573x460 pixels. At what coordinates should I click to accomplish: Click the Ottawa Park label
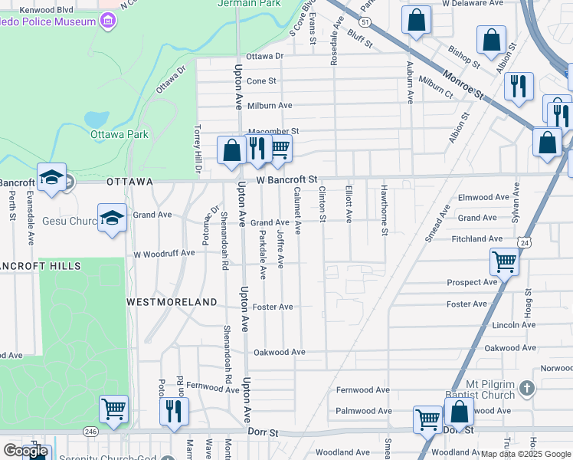click(x=119, y=134)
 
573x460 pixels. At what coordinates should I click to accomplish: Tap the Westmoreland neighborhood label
click(x=172, y=302)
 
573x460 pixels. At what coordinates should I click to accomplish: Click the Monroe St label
click(x=464, y=85)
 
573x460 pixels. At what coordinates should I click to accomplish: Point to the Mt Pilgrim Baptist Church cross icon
click(x=526, y=389)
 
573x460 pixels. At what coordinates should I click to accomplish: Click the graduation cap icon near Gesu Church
click(x=112, y=219)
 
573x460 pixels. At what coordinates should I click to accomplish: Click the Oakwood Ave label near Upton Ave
click(x=280, y=352)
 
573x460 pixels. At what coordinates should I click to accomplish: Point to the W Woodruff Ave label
click(x=164, y=253)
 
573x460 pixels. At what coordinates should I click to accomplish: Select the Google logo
click(x=25, y=451)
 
